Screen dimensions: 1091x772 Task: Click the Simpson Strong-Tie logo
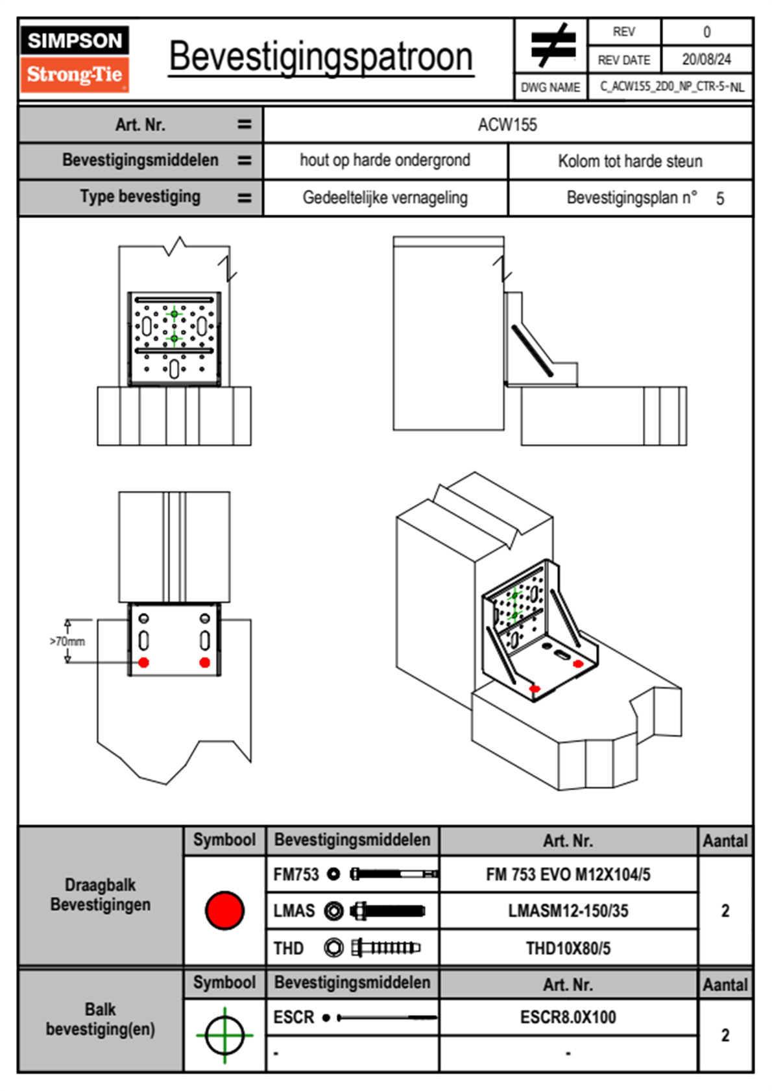pyautogui.click(x=74, y=58)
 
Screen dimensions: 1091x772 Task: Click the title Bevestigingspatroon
pyautogui.click(x=320, y=57)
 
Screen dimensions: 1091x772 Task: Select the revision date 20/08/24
pyautogui.click(x=706, y=60)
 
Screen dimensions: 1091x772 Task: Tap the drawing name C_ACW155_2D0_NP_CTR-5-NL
pyautogui.click(x=671, y=87)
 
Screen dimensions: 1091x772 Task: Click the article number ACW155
pyautogui.click(x=507, y=125)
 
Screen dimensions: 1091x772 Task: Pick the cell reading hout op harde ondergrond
pyautogui.click(x=385, y=160)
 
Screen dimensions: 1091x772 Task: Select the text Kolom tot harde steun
pyautogui.click(x=630, y=161)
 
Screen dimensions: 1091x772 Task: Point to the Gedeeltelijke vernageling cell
pyautogui.click(x=385, y=198)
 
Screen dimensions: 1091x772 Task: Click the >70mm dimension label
pyautogui.click(x=67, y=641)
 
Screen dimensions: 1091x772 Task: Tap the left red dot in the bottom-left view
pyautogui.click(x=144, y=662)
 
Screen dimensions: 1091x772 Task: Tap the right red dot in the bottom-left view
pyautogui.click(x=204, y=662)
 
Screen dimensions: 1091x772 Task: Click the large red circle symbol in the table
pyautogui.click(x=224, y=910)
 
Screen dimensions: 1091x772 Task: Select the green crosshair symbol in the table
pyautogui.click(x=224, y=1035)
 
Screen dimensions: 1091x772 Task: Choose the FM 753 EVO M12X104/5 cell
pyautogui.click(x=568, y=874)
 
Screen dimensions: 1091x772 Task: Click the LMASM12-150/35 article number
pyautogui.click(x=568, y=911)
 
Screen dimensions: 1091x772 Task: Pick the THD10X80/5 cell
pyautogui.click(x=568, y=948)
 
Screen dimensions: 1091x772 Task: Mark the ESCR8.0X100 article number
pyautogui.click(x=568, y=1017)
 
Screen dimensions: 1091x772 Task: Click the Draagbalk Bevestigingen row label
pyautogui.click(x=101, y=894)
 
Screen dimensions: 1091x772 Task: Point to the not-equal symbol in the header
pyautogui.click(x=552, y=45)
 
